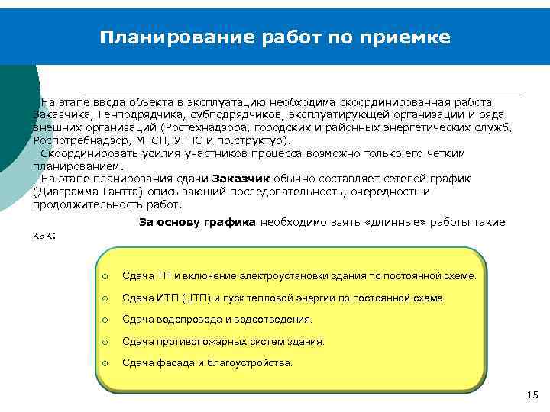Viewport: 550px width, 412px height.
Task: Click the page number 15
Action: pyautogui.click(x=532, y=394)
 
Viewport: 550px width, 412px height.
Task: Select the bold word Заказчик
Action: pyautogui.click(x=238, y=179)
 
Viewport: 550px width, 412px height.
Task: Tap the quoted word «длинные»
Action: pyautogui.click(x=396, y=222)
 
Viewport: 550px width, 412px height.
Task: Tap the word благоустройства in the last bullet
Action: pyautogui.click(x=253, y=364)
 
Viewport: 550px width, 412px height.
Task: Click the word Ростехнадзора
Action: pyautogui.click(x=202, y=127)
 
